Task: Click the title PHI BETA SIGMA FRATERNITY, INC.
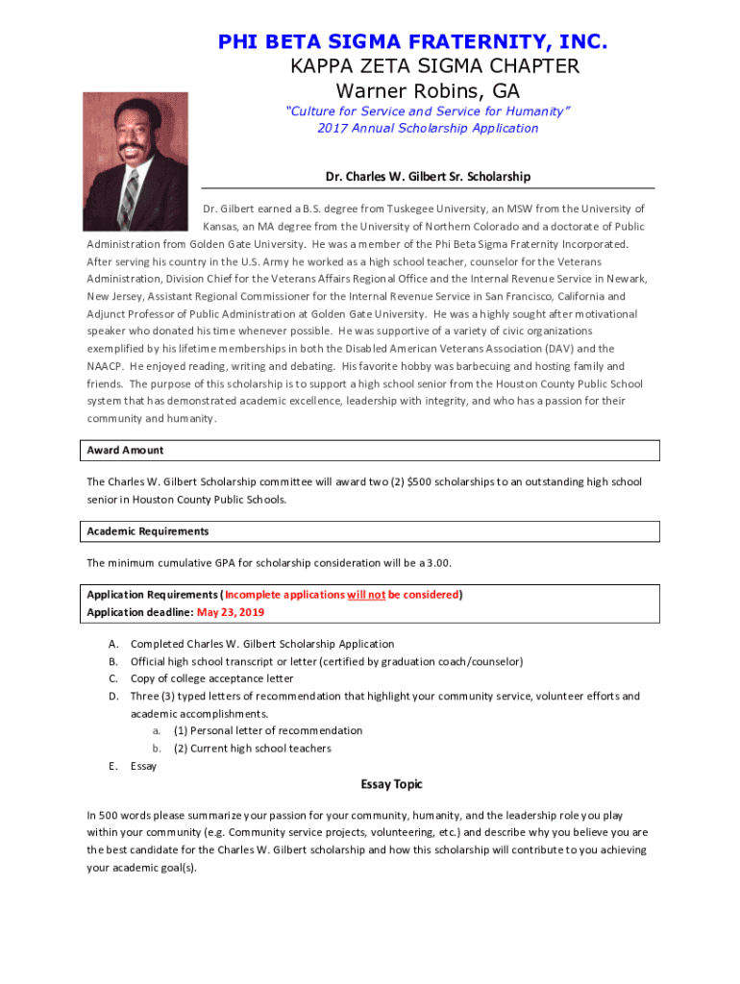(413, 42)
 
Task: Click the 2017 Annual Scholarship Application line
(428, 128)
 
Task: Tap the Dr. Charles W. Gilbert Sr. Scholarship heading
(429, 177)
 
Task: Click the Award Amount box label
(125, 451)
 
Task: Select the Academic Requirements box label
(148, 531)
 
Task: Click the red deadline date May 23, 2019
(230, 612)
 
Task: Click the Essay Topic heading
(391, 784)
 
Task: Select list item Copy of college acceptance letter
(211, 678)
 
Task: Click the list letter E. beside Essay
(113, 766)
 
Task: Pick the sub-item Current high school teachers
(252, 749)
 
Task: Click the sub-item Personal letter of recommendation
(268, 731)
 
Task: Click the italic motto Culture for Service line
(428, 111)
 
